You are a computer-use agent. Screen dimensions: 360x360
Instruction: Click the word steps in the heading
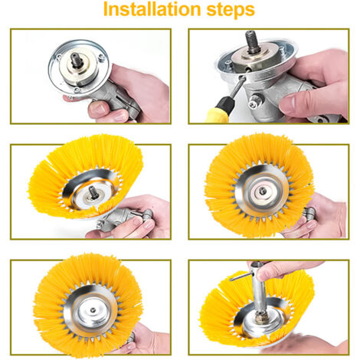[x=231, y=10]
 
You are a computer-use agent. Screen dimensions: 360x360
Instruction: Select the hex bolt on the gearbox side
[x=255, y=101]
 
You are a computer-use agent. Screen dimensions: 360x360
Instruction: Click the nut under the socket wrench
[x=261, y=319]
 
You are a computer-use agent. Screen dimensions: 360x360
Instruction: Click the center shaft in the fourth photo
[x=262, y=190]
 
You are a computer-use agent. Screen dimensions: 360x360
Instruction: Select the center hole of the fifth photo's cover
[x=93, y=310]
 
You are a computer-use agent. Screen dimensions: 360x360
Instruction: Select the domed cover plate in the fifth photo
[x=91, y=311]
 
